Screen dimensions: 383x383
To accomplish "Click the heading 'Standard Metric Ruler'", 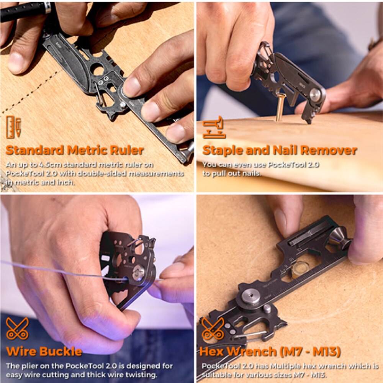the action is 75,150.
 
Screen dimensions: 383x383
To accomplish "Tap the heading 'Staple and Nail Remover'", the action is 280,150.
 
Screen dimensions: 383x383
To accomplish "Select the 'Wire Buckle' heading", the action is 44,352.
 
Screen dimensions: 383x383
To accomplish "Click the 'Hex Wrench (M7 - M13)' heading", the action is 270,352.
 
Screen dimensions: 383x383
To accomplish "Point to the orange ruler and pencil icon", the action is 14,127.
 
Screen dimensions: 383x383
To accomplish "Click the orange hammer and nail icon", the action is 214,127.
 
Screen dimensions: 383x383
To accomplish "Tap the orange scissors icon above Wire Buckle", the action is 17,329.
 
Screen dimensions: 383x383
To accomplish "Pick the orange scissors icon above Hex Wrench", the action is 213,329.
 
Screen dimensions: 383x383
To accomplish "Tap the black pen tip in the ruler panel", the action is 25,11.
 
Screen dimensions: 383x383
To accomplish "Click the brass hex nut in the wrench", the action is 300,269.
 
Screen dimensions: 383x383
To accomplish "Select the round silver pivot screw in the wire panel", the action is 139,273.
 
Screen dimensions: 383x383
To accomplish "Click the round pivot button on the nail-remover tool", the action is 315,95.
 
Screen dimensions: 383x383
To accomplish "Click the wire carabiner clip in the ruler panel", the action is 100,94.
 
